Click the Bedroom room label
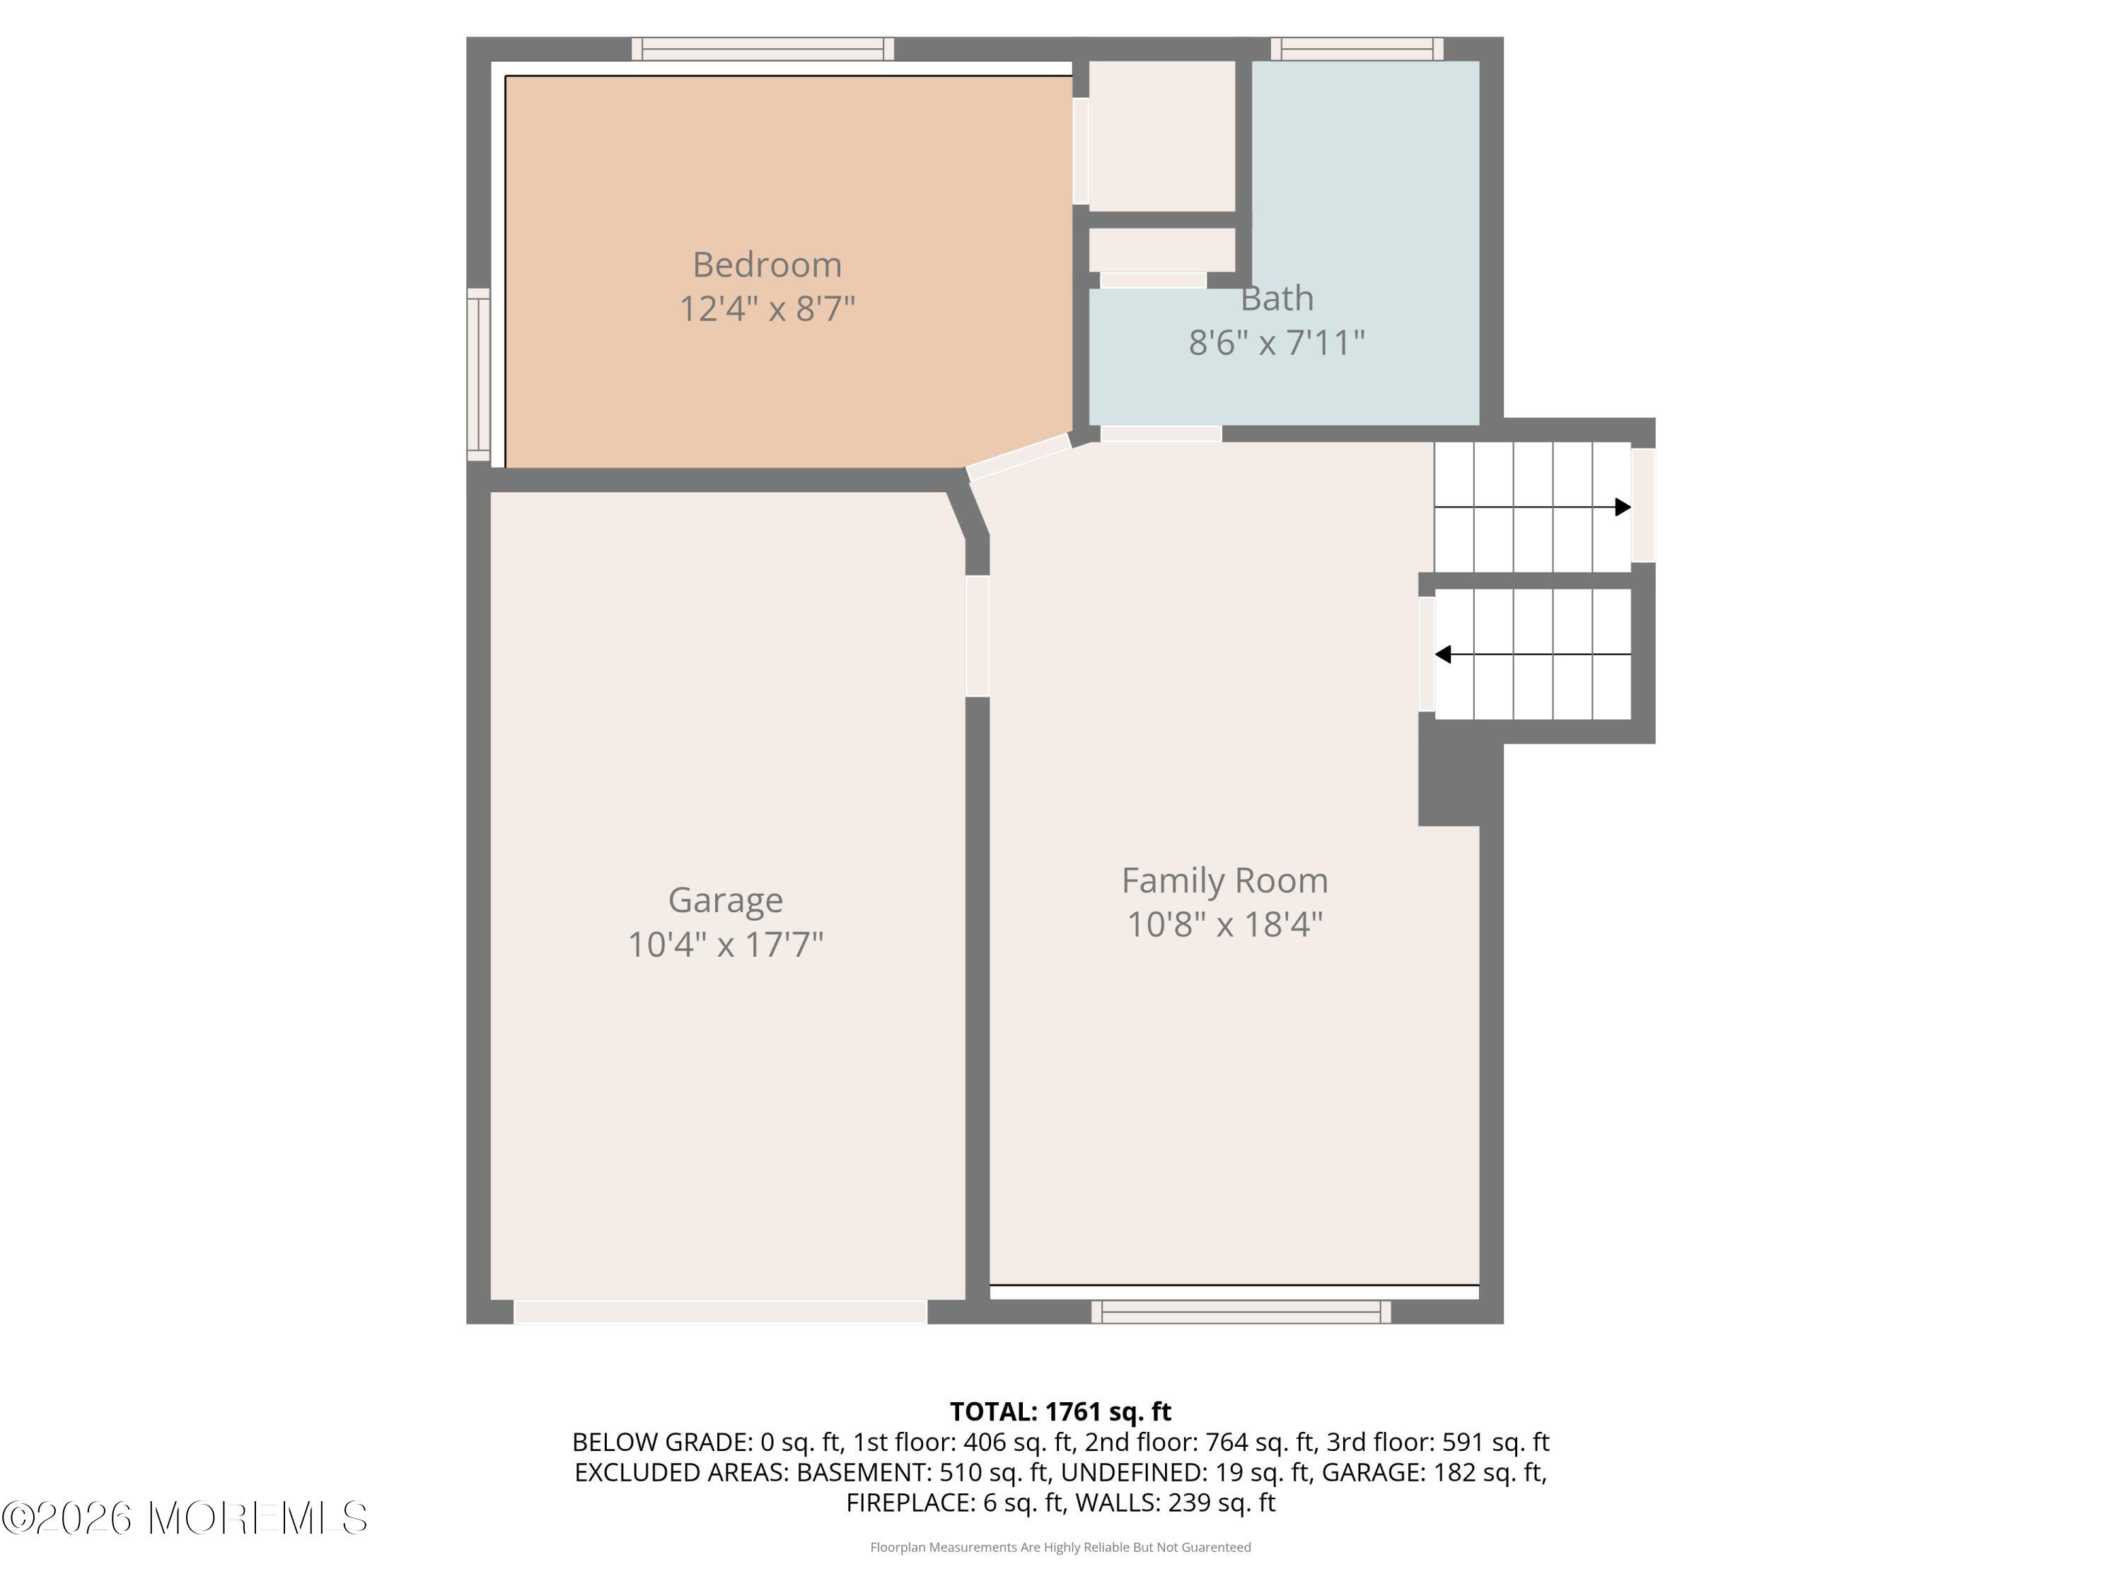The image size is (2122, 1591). tap(767, 264)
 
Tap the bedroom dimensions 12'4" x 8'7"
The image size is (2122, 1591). tap(767, 309)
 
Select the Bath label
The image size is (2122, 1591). tap(1276, 298)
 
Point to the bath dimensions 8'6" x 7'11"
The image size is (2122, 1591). tap(1276, 342)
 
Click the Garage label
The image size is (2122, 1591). tap(725, 899)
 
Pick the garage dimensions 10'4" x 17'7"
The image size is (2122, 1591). tap(725, 945)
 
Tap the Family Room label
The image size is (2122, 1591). tap(1224, 880)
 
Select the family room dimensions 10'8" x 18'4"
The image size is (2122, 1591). tap(1224, 924)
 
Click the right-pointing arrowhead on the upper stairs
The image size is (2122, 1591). tap(1622, 507)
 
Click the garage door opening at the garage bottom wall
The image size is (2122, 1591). tap(721, 1311)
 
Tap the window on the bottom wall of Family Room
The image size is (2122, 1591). tap(1241, 1312)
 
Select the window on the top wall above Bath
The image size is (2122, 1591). tap(1357, 49)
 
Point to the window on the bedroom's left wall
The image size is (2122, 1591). tap(477, 374)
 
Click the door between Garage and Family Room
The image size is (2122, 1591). tap(977, 635)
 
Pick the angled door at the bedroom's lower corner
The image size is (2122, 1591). tap(1018, 458)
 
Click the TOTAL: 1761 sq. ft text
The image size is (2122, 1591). tap(1060, 1411)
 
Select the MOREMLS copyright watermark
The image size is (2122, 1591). tap(184, 1518)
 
